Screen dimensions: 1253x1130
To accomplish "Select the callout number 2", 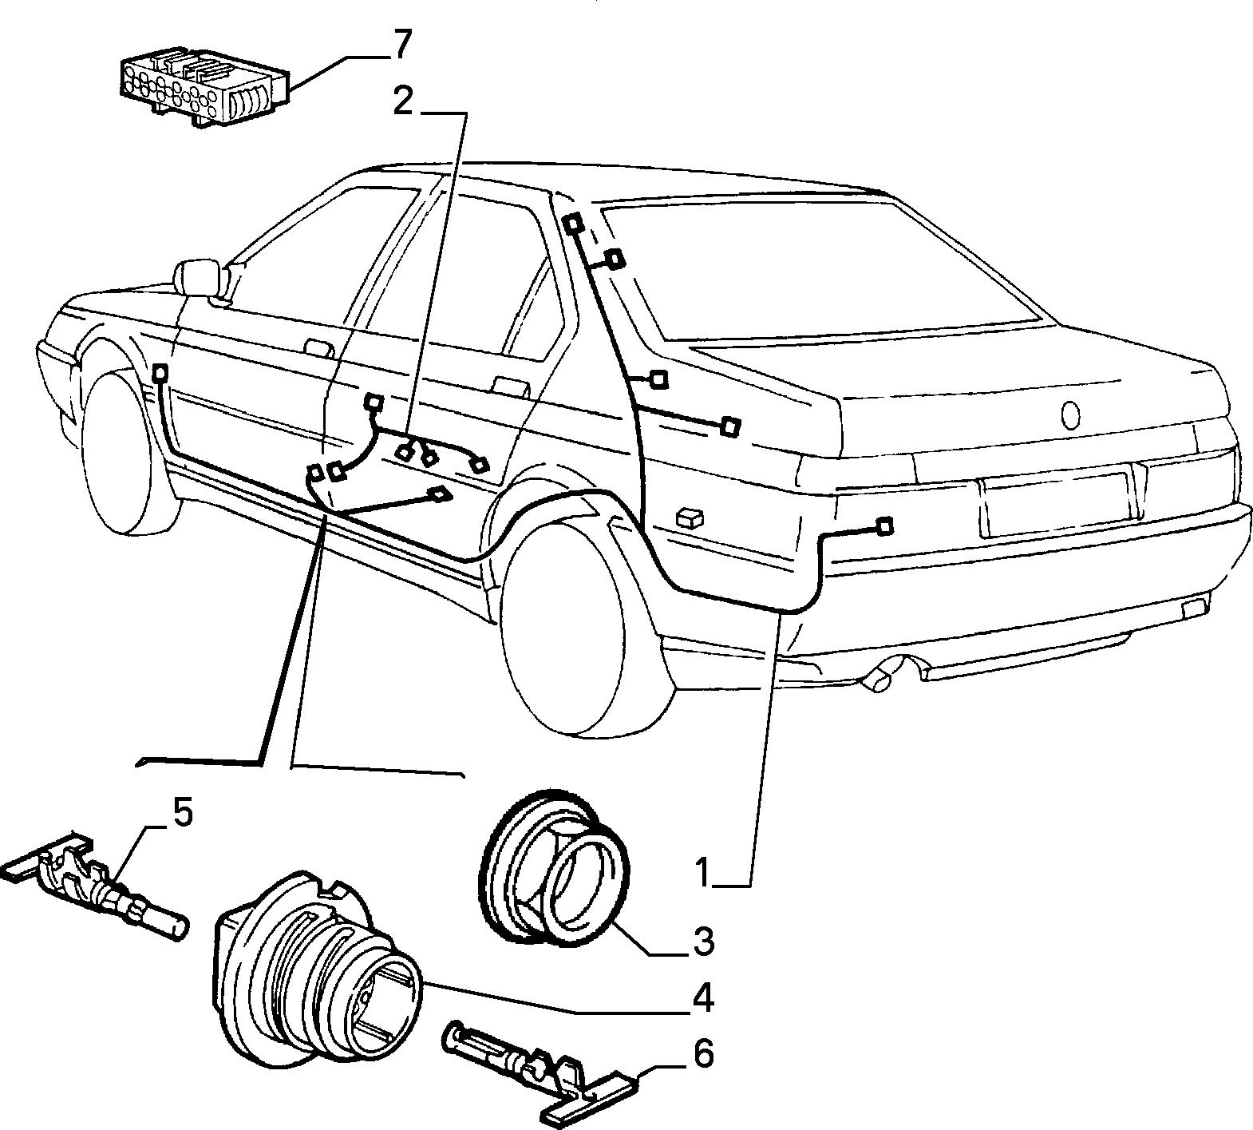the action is pyautogui.click(x=404, y=101).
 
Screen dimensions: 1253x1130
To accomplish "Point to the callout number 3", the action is pyautogui.click(x=702, y=942).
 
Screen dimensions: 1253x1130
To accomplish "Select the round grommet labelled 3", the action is pyautogui.click(x=556, y=868).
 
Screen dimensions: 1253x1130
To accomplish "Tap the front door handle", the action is pyautogui.click(x=319, y=347).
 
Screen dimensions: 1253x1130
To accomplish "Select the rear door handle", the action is pyautogui.click(x=511, y=387).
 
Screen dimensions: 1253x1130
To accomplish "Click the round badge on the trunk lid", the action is pyautogui.click(x=1070, y=415).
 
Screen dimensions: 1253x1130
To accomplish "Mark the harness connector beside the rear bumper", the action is pyautogui.click(x=883, y=527).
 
